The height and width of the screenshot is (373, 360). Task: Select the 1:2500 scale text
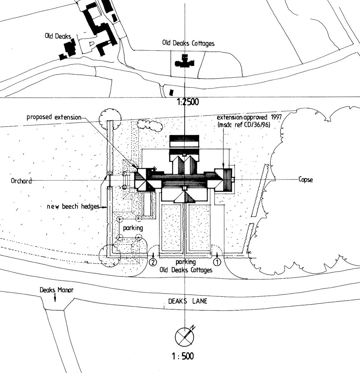188,103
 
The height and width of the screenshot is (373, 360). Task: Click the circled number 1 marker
217,261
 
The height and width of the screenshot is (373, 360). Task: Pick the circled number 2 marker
153,262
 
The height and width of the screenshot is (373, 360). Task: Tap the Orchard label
21,181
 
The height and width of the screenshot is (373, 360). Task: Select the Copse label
305,180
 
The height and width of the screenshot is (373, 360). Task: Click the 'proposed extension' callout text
54,117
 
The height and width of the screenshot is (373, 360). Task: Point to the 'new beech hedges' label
73,207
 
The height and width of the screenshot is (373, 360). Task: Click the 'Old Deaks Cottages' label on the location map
188,43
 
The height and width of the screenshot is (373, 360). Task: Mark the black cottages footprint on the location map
185,62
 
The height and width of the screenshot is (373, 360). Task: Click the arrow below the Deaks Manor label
55,298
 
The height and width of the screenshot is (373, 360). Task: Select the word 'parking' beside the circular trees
133,228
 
